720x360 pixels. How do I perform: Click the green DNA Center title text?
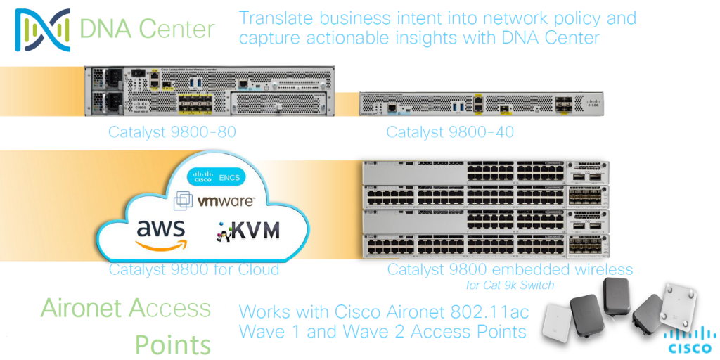pyautogui.click(x=147, y=30)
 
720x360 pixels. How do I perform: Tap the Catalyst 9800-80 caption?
pyautogui.click(x=172, y=131)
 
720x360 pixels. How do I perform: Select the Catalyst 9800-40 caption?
pyautogui.click(x=450, y=131)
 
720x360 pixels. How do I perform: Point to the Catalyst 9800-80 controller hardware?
pyautogui.click(x=210, y=91)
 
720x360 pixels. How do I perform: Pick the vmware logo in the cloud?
pyautogui.click(x=215, y=202)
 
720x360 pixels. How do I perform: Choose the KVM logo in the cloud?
pyautogui.click(x=248, y=230)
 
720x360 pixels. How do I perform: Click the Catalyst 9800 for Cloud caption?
pyautogui.click(x=194, y=269)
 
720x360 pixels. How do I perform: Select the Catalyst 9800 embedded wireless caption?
pyautogui.click(x=510, y=269)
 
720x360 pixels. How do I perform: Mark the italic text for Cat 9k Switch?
pyautogui.click(x=510, y=285)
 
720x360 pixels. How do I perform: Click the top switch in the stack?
pyautogui.click(x=485, y=173)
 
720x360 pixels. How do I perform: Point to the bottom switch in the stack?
pyautogui.click(x=485, y=247)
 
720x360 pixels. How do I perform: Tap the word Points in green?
pyautogui.click(x=173, y=345)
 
